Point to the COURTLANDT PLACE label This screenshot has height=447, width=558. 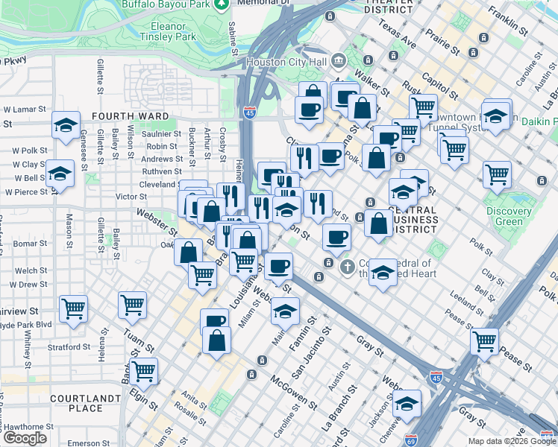point(86,403)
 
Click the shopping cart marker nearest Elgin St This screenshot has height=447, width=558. point(143,370)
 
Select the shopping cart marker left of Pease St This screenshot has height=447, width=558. point(485,340)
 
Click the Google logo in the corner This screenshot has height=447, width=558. point(25,438)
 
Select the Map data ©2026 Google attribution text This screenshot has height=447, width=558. point(511,441)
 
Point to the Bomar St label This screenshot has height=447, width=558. point(31,244)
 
